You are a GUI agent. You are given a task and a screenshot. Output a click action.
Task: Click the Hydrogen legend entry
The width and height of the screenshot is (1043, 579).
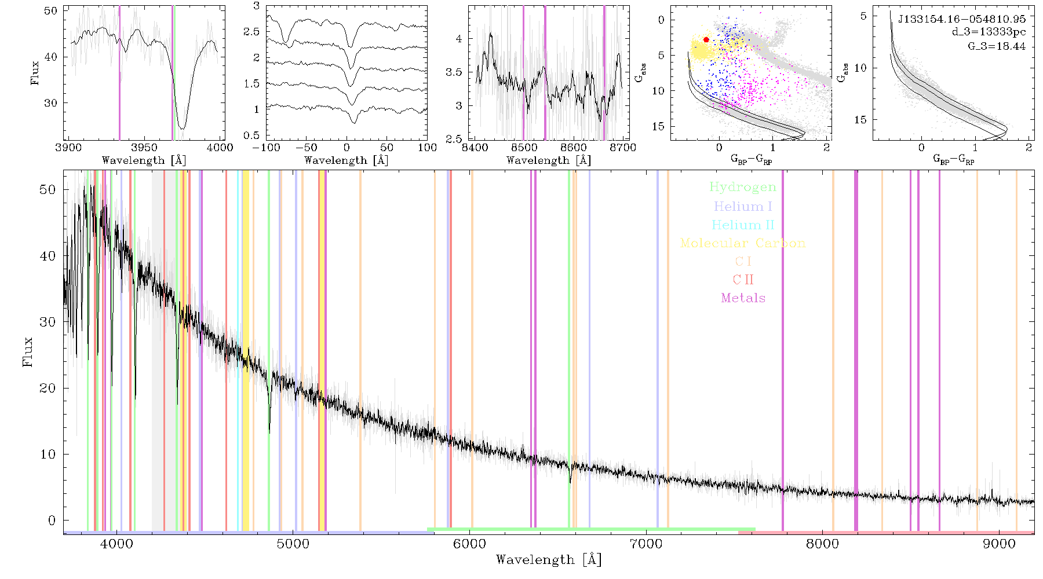pyautogui.click(x=742, y=188)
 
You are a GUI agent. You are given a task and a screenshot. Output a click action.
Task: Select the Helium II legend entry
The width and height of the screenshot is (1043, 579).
pyautogui.click(x=743, y=225)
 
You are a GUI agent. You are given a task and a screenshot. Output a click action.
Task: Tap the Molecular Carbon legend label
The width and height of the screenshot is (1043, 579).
pyautogui.click(x=743, y=243)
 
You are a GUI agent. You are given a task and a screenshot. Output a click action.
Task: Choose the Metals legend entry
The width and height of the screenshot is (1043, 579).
pyautogui.click(x=743, y=298)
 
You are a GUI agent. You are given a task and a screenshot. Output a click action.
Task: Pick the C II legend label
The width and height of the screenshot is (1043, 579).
pyautogui.click(x=743, y=280)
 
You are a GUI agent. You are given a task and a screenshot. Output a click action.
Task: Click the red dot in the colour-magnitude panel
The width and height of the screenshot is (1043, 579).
pyautogui.click(x=706, y=40)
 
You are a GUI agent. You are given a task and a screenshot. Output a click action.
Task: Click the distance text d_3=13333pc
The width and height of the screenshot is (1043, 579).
pyautogui.click(x=989, y=32)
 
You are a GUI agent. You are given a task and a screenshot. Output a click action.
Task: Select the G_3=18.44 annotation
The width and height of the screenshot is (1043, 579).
pyautogui.click(x=997, y=46)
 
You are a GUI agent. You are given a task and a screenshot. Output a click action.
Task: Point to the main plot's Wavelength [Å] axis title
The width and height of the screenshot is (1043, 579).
pyautogui.click(x=549, y=560)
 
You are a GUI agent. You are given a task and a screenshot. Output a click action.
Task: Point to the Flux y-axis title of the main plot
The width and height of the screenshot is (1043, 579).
pyautogui.click(x=27, y=351)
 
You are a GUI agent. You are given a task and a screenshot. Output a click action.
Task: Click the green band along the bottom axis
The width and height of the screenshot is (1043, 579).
pyautogui.click(x=591, y=529)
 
